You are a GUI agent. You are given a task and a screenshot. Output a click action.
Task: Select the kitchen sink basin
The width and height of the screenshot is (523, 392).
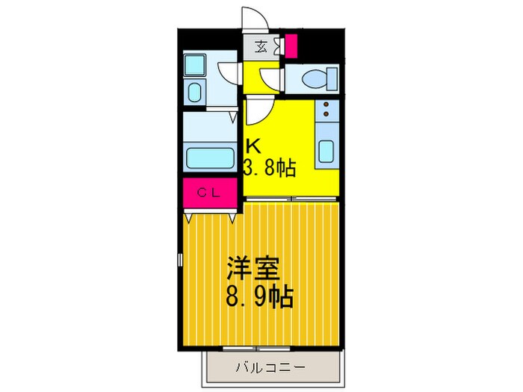click(327, 150)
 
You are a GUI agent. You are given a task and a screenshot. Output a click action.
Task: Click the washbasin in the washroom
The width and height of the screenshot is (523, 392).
click(194, 93)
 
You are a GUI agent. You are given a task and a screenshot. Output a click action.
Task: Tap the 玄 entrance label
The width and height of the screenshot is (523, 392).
click(261, 46)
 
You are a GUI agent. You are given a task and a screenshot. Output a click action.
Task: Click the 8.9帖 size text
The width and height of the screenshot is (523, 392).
click(259, 298)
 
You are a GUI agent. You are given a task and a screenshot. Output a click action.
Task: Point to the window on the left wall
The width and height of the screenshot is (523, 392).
click(179, 264)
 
